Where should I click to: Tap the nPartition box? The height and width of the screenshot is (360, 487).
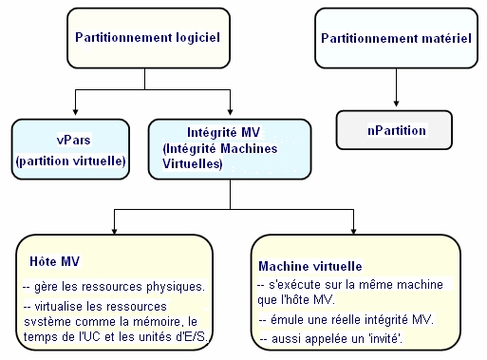pos(395,129)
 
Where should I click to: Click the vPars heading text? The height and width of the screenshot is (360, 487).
pos(72,141)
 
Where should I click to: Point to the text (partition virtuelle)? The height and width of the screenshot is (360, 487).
pos(71,161)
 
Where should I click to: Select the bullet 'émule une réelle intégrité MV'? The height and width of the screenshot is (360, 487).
pos(346,319)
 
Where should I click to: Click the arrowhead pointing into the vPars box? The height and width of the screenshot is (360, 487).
pos(75,114)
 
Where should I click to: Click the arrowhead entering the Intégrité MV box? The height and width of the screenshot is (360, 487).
pos(230,114)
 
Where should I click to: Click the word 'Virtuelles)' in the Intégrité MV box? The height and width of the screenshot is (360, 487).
pos(193,164)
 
